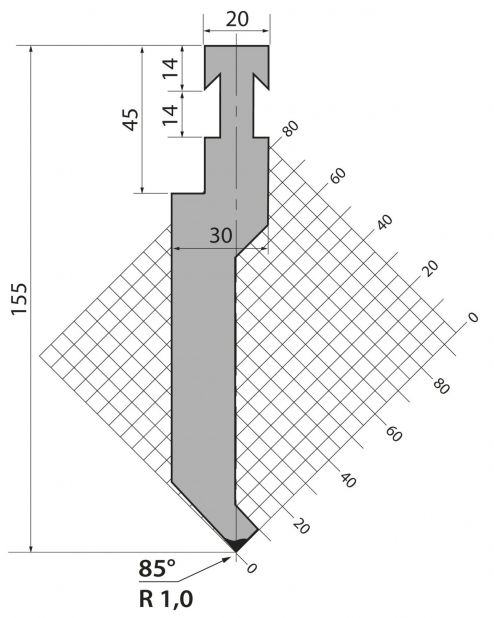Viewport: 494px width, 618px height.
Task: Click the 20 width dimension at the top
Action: [237, 19]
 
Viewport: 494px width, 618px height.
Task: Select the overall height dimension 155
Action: [20, 299]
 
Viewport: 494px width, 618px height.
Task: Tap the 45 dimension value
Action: [131, 119]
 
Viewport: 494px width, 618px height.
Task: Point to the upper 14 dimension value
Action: [170, 68]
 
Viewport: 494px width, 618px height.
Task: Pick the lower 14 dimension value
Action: [170, 115]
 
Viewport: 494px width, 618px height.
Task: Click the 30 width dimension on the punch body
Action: [220, 236]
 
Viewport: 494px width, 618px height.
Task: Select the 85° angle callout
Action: [157, 569]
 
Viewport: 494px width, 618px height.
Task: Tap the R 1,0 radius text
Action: [166, 599]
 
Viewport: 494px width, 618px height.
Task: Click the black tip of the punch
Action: [236, 544]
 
